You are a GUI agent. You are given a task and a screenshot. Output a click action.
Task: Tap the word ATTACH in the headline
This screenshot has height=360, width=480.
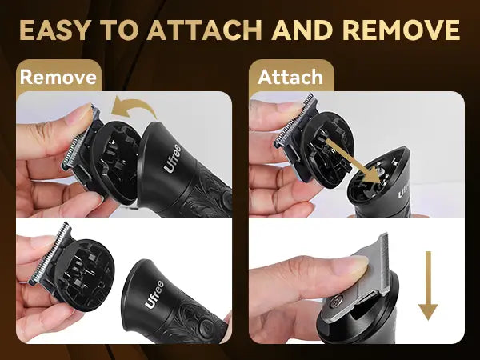(205, 30)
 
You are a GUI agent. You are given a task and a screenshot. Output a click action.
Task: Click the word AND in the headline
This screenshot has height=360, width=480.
(302, 30)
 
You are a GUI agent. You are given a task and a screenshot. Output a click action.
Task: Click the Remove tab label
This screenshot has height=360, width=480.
(58, 77)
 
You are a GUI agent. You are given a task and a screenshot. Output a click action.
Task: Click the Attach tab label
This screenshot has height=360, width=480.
(290, 77)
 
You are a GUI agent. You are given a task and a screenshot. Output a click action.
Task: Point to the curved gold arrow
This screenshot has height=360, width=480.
(134, 107)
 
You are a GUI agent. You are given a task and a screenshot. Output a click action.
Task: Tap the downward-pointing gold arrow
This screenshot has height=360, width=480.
(428, 286)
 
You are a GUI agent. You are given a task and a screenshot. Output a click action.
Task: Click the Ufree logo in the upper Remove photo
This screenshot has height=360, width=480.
(172, 158)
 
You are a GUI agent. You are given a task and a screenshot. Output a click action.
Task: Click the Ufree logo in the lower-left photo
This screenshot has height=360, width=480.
(154, 294)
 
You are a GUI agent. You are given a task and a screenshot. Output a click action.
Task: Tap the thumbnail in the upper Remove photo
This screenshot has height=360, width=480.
(80, 114)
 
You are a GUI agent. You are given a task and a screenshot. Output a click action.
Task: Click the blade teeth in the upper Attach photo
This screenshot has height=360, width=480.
(294, 122)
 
